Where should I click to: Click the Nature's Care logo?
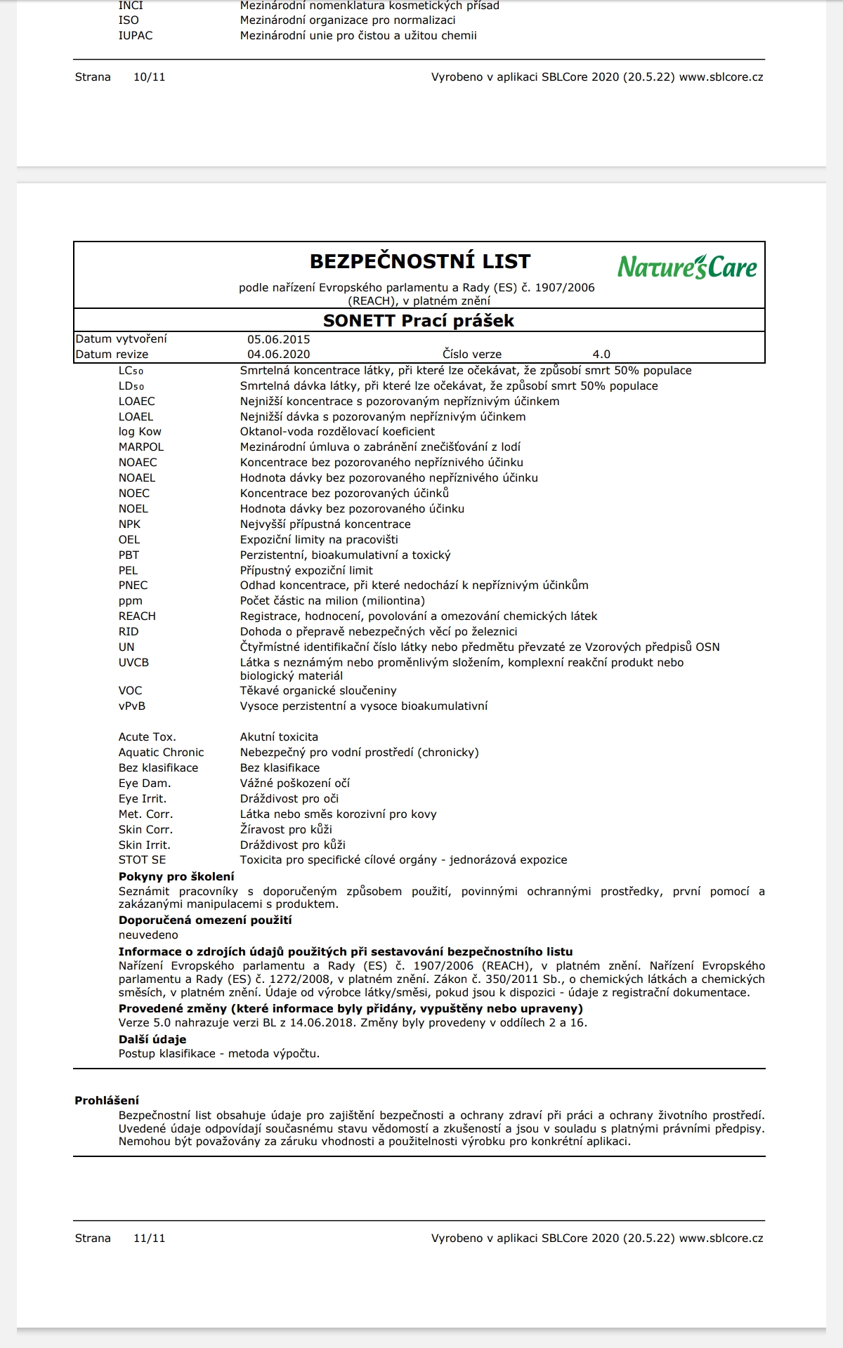point(687,267)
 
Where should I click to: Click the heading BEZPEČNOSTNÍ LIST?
point(420,262)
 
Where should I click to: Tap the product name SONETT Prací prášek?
point(419,321)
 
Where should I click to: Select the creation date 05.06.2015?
point(278,339)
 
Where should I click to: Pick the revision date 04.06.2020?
point(278,355)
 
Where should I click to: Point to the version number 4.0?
point(601,355)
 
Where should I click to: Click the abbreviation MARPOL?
point(141,447)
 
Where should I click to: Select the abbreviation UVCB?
point(133,663)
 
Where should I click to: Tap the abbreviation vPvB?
point(132,706)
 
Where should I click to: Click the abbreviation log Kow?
point(140,432)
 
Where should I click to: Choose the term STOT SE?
point(143,860)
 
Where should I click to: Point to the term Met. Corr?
point(145,814)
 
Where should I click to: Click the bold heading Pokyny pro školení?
point(176,876)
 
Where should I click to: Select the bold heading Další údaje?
point(152,1039)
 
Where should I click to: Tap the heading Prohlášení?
point(107,1100)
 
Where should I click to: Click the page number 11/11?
point(150,1238)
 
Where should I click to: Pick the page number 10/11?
point(150,77)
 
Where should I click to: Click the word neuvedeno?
point(148,935)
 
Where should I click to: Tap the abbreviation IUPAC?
point(136,36)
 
